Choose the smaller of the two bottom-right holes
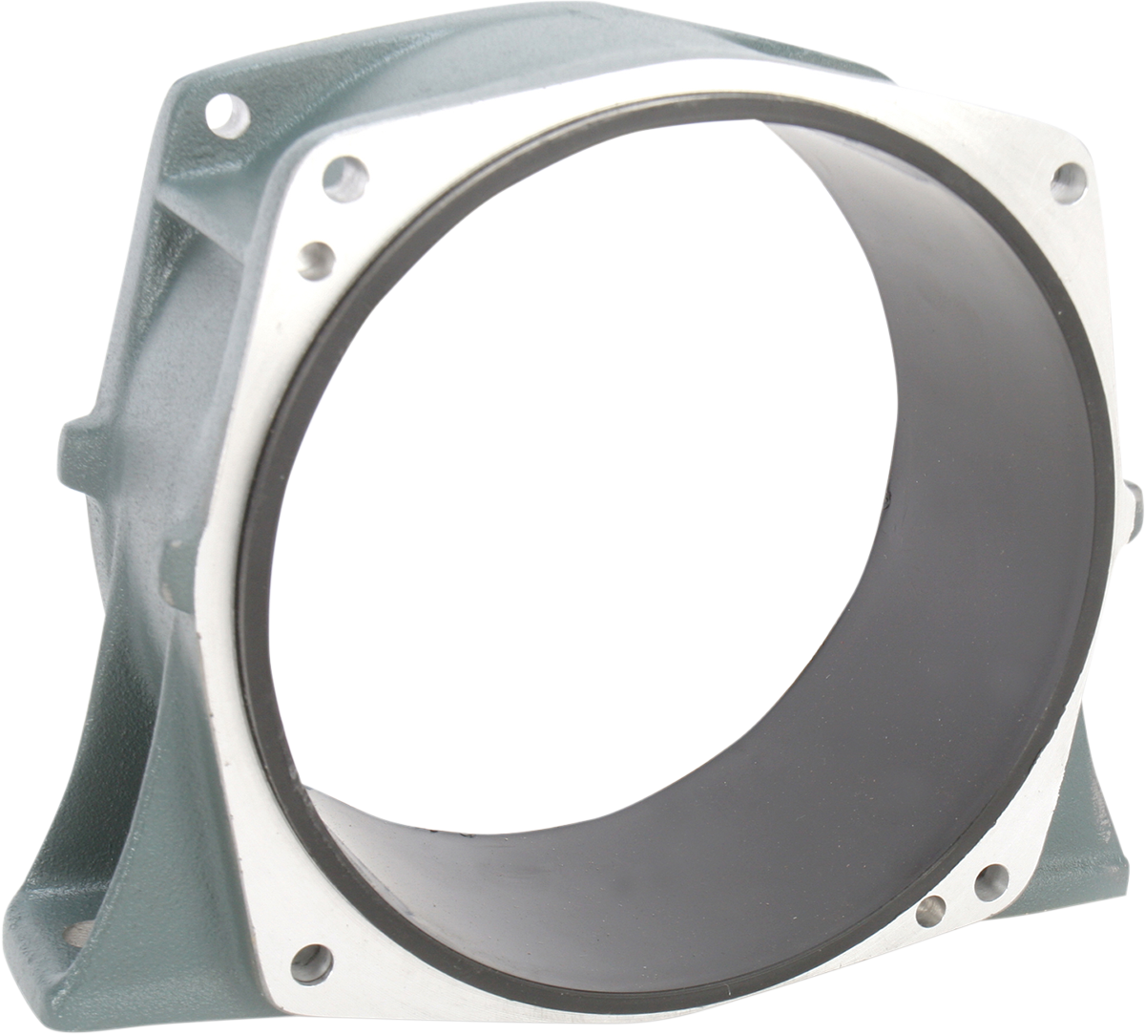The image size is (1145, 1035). click(929, 914)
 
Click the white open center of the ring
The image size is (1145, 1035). click(572, 477)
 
